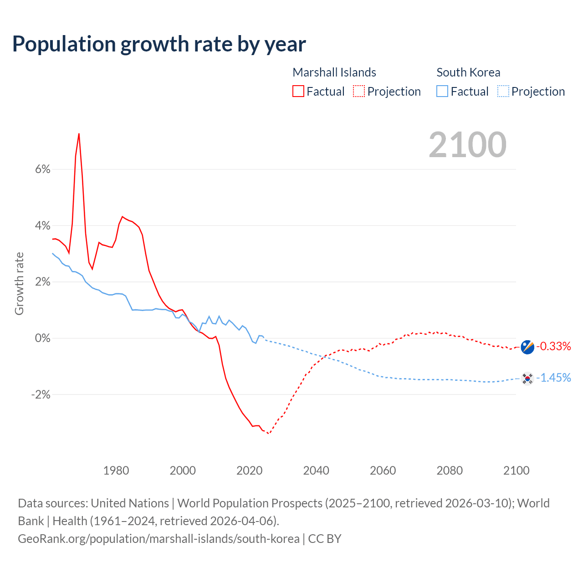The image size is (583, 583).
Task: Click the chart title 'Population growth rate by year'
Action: pos(159,44)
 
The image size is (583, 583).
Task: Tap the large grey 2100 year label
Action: pos(467,145)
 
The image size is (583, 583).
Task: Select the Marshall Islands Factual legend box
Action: pos(298,92)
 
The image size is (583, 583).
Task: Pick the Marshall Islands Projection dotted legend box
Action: pos(359,92)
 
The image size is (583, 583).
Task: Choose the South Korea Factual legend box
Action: pos(442,92)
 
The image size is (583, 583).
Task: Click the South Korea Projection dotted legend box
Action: pos(503,92)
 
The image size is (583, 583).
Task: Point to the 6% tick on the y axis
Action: pos(42,169)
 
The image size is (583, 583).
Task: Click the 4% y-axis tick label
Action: pos(42,226)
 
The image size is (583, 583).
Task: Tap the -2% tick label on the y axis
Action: pos(41,394)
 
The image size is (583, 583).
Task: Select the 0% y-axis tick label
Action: pos(42,338)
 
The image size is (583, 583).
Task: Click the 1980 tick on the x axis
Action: pos(116,470)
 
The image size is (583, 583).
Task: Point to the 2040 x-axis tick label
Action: pos(316,470)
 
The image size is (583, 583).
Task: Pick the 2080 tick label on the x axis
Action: pos(450,470)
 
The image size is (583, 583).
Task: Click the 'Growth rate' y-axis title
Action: pos(19,283)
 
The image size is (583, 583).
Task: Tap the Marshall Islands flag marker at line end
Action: pos(527,347)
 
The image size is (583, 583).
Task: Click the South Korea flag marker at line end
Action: pos(527,378)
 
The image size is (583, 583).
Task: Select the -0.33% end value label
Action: pos(553,347)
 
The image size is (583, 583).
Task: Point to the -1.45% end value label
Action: pos(553,378)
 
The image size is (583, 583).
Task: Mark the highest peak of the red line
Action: pos(79,134)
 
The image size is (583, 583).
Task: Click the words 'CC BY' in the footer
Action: pos(325,539)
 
